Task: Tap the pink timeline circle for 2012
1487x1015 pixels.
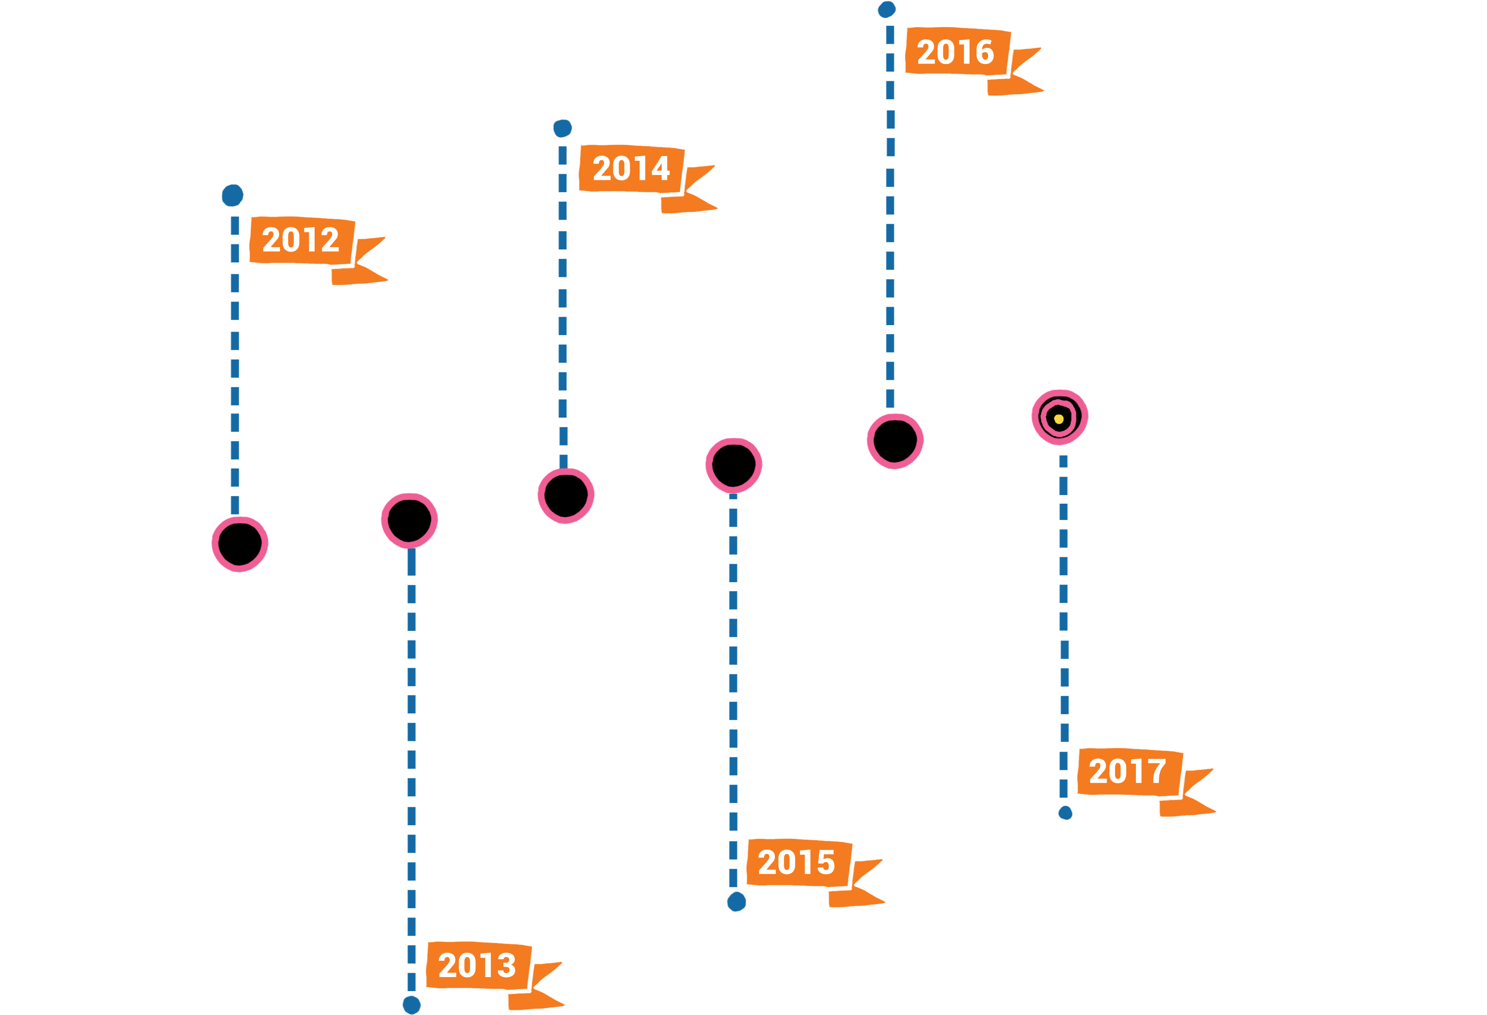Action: [240, 544]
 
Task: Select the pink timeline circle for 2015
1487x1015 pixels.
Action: [734, 465]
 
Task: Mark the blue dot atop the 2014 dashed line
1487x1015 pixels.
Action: [563, 128]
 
